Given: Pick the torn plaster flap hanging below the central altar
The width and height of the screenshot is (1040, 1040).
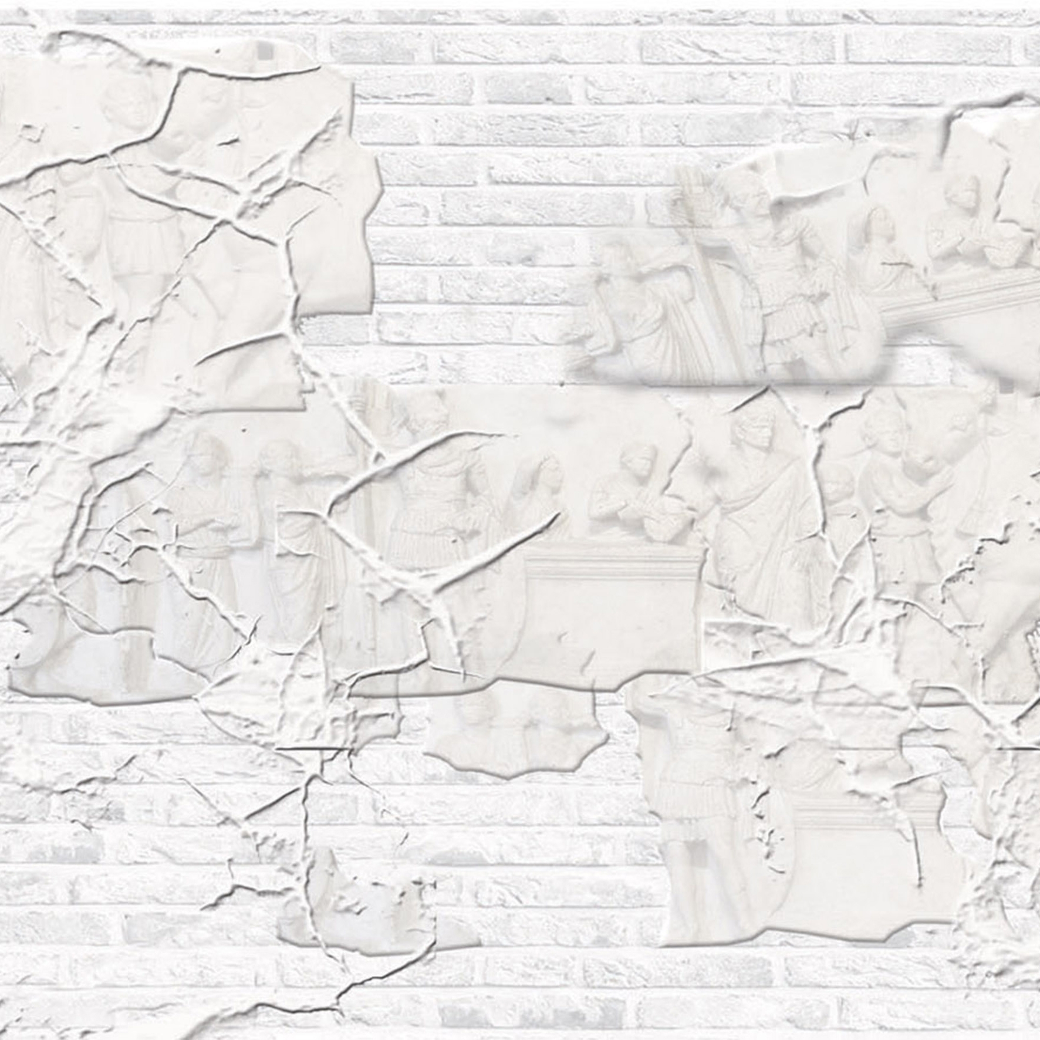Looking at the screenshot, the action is (516, 734).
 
